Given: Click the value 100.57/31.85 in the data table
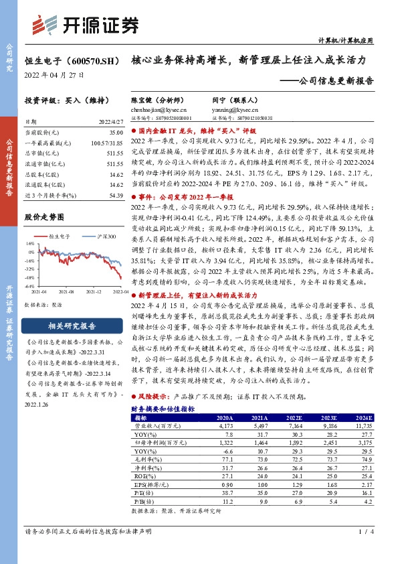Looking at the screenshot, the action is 106,144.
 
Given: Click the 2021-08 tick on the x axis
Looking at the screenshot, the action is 66,291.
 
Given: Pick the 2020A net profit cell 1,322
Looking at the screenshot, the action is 225,443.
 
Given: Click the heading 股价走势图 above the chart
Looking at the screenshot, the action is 44,217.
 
